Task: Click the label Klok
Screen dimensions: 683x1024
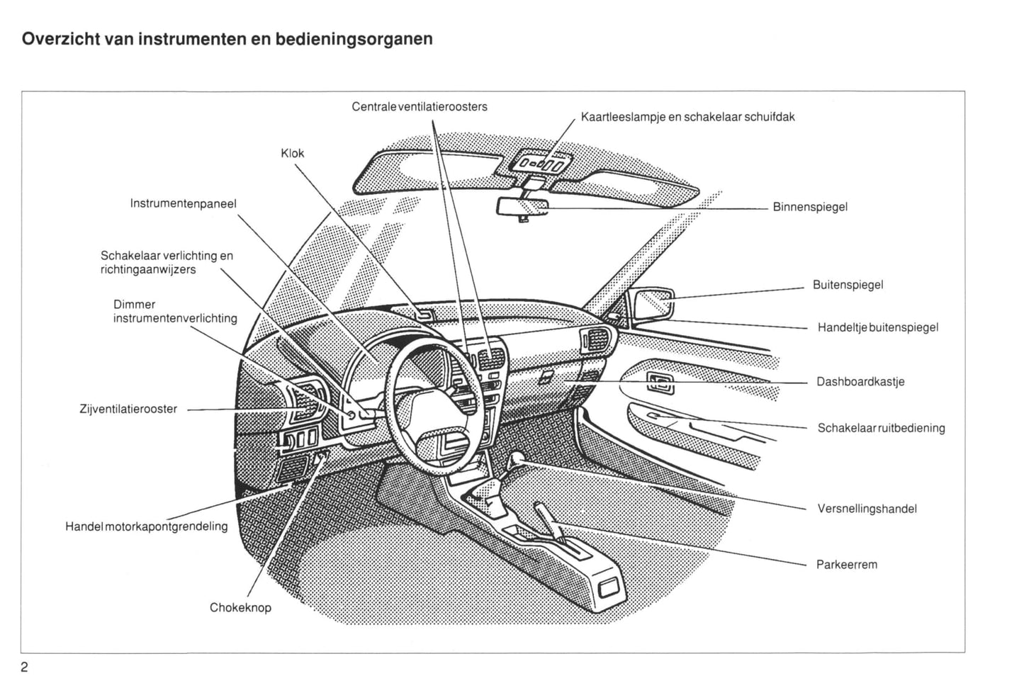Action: tap(292, 153)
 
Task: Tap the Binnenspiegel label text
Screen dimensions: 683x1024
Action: tap(810, 208)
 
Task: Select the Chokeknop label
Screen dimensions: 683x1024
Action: tap(240, 608)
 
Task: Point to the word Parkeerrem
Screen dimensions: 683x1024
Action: tap(847, 565)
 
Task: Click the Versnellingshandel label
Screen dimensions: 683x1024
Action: tap(867, 509)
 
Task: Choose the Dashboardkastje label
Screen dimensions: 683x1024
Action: tap(860, 382)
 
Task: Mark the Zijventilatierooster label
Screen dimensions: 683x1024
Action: tap(128, 409)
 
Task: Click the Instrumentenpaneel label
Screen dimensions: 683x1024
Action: tap(183, 204)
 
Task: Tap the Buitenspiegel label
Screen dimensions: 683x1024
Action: tap(848, 286)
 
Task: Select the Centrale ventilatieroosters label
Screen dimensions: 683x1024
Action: tap(420, 107)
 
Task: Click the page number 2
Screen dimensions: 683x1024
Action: tap(25, 667)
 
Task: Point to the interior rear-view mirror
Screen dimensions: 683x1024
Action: tap(523, 206)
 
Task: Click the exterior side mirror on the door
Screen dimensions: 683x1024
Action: tap(652, 303)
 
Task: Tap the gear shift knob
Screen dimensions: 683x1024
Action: tap(517, 459)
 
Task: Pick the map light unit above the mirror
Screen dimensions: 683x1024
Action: tap(543, 164)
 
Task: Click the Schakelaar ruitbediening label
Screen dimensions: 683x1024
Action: tap(881, 428)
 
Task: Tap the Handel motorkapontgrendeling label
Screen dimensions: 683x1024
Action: tap(147, 526)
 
